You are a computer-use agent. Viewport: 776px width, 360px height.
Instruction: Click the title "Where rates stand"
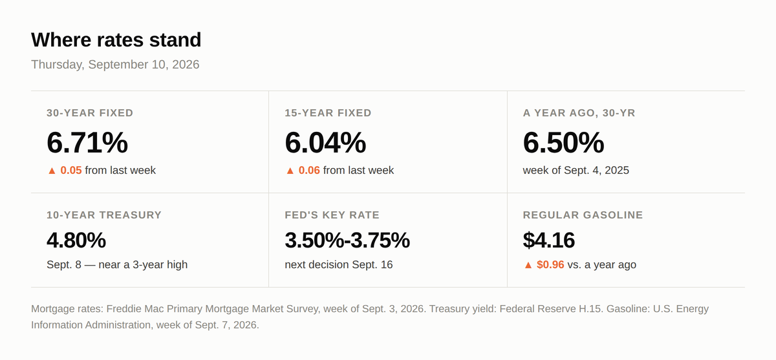pos(116,39)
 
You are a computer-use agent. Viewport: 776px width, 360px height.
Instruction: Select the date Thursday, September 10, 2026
pos(115,65)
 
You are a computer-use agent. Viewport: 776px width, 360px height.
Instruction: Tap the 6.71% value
pos(87,142)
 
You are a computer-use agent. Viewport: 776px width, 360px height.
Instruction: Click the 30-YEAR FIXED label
pos(90,113)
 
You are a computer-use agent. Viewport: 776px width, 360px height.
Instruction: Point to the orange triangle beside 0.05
pos(52,171)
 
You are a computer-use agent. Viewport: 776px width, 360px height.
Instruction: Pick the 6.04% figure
pos(325,142)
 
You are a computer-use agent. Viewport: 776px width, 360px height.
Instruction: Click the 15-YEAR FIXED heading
pos(328,113)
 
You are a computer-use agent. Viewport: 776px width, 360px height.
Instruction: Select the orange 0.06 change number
pos(309,171)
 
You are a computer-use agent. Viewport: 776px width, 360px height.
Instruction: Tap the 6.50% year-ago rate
pos(563,142)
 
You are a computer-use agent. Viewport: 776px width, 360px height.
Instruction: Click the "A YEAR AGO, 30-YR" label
pos(579,113)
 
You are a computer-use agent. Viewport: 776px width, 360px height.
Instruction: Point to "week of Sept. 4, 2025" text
pos(576,171)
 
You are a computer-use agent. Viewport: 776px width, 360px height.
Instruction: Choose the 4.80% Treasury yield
pos(76,240)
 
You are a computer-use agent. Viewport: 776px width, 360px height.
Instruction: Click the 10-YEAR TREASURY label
pos(104,215)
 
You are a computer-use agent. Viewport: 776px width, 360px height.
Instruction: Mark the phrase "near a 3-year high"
pos(143,264)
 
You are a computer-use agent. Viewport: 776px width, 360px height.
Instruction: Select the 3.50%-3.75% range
pos(347,240)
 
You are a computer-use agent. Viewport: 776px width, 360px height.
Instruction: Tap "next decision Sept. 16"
pos(339,264)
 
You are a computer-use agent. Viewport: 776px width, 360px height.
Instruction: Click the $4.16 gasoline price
pos(549,240)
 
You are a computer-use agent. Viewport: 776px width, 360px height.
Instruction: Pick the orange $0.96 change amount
pos(550,264)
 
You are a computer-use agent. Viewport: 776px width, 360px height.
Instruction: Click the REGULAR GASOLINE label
pos(583,215)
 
